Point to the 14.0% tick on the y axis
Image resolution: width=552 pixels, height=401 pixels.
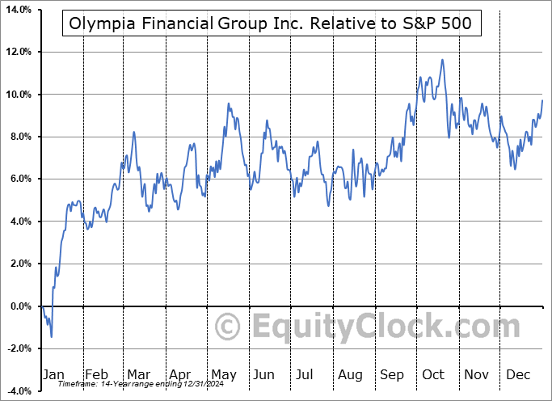point(18,10)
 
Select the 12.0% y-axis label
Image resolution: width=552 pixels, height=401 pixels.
point(18,52)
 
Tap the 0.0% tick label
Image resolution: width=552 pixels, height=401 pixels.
point(20,306)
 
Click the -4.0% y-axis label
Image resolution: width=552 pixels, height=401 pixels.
point(18,391)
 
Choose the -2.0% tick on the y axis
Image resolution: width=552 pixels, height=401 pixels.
point(18,348)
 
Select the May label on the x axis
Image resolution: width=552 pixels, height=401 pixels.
point(223,374)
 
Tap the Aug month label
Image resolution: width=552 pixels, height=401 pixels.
point(351,374)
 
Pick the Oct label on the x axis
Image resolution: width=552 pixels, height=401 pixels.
point(433,374)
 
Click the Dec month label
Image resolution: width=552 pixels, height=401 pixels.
point(517,374)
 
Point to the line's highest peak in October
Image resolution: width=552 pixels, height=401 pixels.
point(441,59)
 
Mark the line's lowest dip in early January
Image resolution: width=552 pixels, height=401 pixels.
point(51,336)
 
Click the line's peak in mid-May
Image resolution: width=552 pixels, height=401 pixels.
point(229,103)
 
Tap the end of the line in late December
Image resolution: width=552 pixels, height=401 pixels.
point(542,100)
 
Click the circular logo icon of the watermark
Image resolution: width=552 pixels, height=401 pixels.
point(229,327)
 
